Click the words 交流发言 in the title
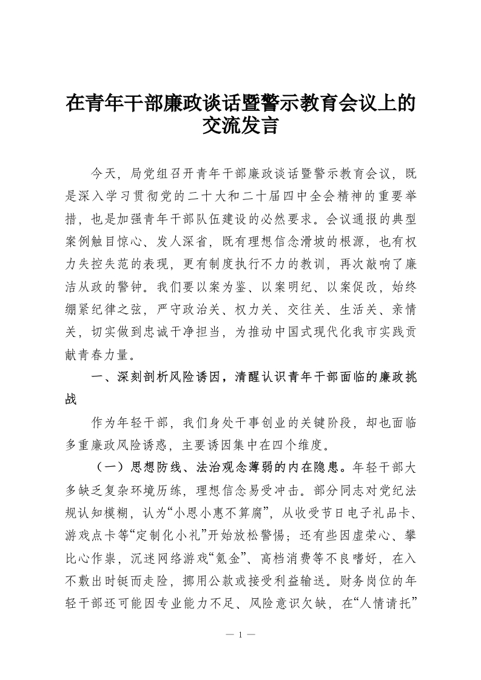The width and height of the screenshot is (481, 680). point(241,126)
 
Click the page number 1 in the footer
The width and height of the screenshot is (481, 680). point(241,635)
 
